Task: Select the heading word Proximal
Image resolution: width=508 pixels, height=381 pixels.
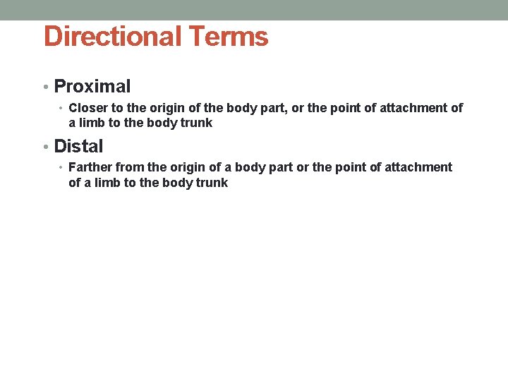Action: [92, 87]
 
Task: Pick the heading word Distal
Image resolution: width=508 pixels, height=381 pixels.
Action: [78, 147]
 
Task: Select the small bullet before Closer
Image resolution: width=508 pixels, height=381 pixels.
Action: [61, 109]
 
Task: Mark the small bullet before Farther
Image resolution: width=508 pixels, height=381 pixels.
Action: [61, 168]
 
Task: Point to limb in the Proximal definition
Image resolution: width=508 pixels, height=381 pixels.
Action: [92, 123]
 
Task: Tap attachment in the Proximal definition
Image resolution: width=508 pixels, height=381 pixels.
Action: [411, 108]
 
